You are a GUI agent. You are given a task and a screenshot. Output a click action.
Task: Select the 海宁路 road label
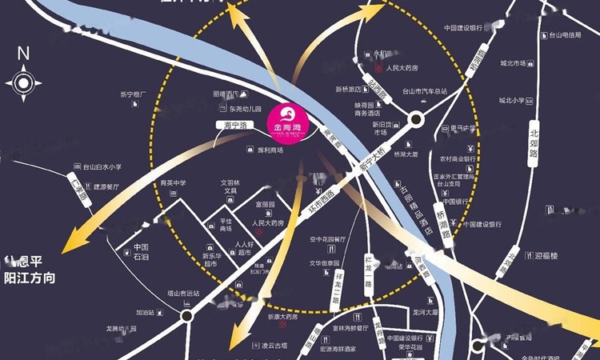(x=232, y=126)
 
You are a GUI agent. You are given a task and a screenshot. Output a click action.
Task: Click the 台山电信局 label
(x=564, y=35)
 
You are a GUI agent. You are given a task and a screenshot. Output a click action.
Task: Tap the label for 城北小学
(x=512, y=101)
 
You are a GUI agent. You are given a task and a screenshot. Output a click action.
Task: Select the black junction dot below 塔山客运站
(x=187, y=316)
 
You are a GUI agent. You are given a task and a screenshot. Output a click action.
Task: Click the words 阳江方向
(x=31, y=278)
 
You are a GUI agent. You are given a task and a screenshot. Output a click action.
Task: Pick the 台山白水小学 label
(x=102, y=167)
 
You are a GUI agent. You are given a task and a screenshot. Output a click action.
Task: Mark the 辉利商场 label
(x=271, y=150)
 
